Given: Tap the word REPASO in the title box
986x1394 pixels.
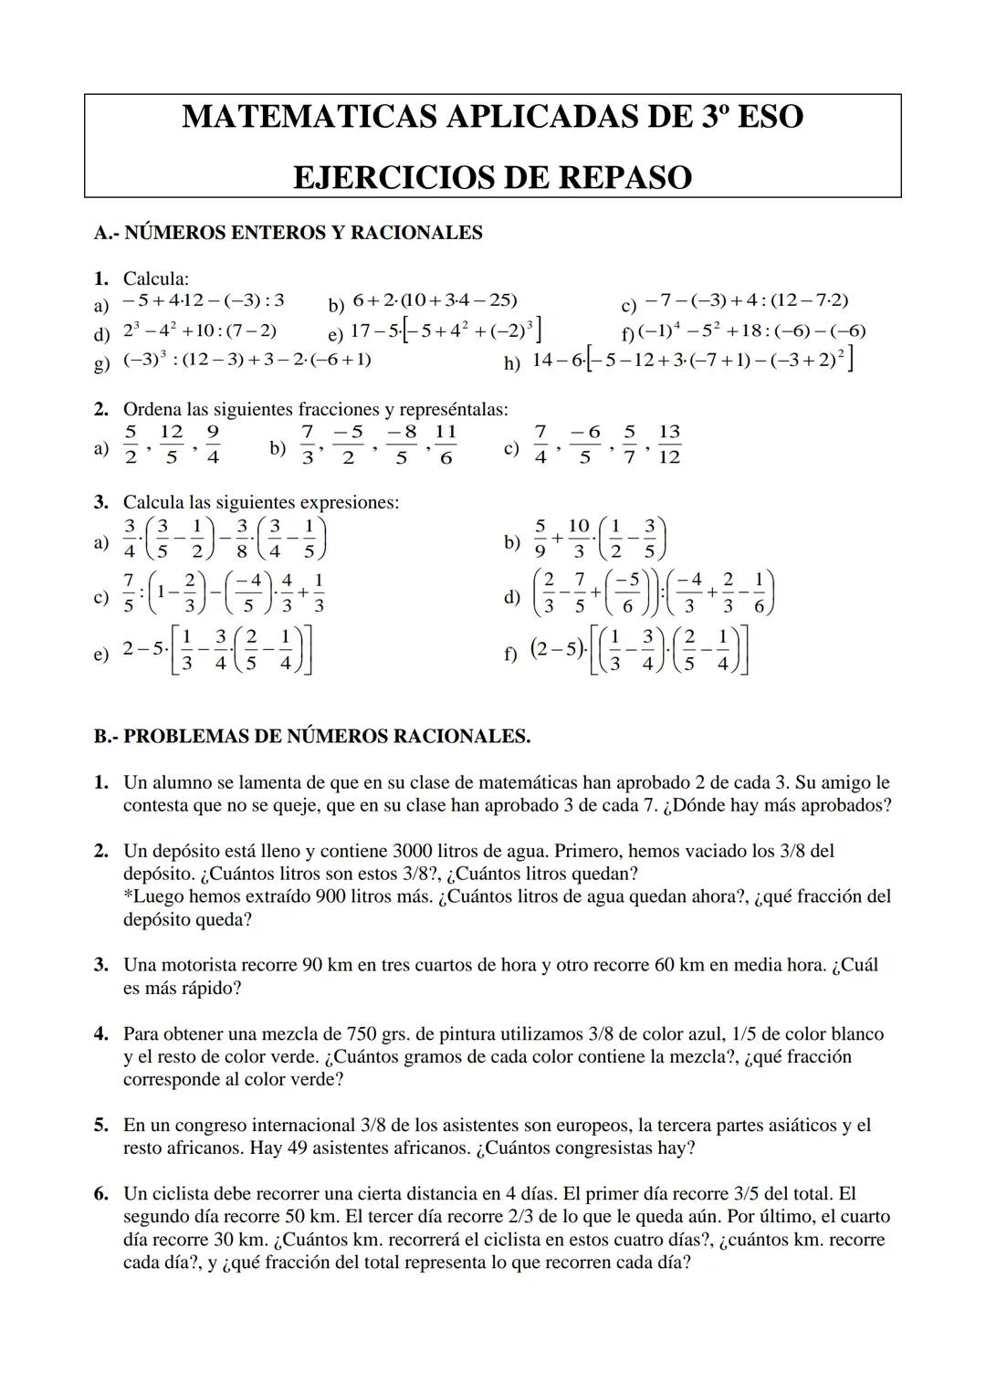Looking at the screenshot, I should coord(624,177).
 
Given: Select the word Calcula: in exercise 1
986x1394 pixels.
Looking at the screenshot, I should coord(156,278).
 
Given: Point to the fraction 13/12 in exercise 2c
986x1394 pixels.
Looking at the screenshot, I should coord(669,445).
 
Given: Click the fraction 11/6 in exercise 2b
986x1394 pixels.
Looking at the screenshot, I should coord(445,445).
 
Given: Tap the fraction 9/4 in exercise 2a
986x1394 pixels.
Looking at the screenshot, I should coord(212,445).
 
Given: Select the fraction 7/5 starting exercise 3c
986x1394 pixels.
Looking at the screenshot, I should coord(129,592).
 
